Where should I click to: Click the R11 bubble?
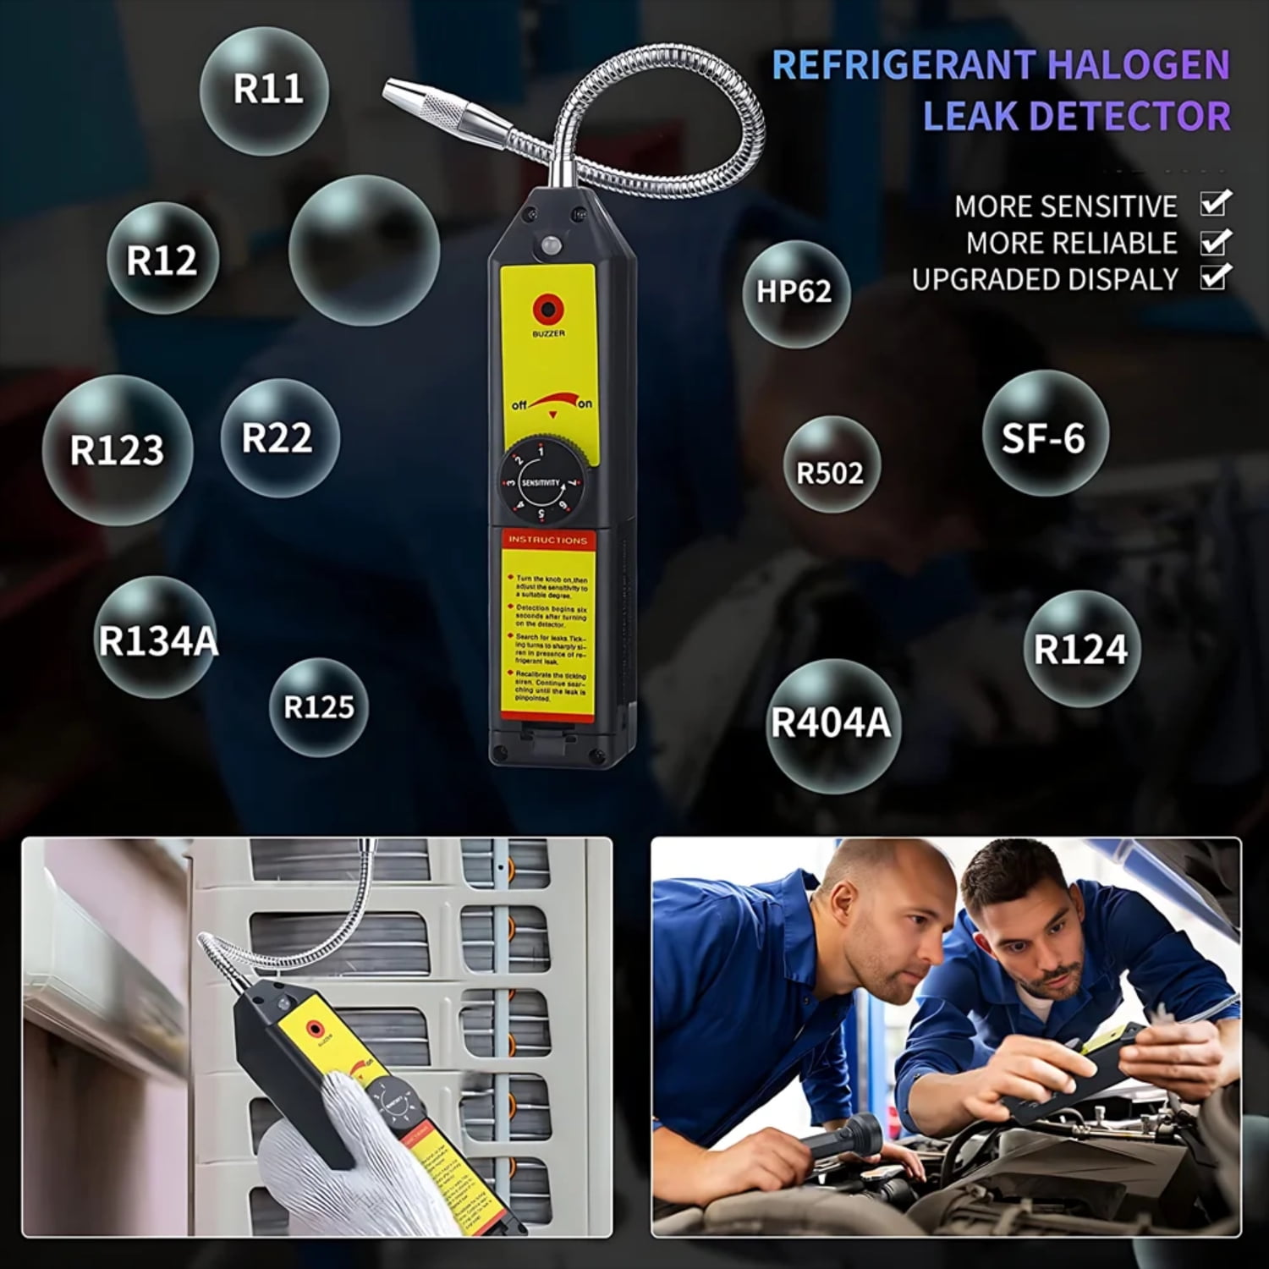pyautogui.click(x=266, y=89)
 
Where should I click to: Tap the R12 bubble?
pyautogui.click(x=162, y=259)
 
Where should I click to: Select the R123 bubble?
pyautogui.click(x=117, y=449)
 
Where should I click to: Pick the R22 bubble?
pyautogui.click(x=278, y=437)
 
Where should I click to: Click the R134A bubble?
pyautogui.click(x=157, y=640)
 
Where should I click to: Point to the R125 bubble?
pyautogui.click(x=318, y=706)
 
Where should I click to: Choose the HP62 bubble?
pyautogui.click(x=794, y=292)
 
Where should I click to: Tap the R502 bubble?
pyautogui.click(x=831, y=472)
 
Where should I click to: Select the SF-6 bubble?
pyautogui.click(x=1044, y=437)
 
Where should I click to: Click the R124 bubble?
pyautogui.click(x=1081, y=650)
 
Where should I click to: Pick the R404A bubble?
pyautogui.click(x=831, y=724)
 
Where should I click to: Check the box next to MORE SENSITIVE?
pyautogui.click(x=1215, y=205)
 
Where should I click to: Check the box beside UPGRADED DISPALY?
pyautogui.click(x=1215, y=277)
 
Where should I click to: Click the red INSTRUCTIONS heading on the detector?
pyautogui.click(x=547, y=540)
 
